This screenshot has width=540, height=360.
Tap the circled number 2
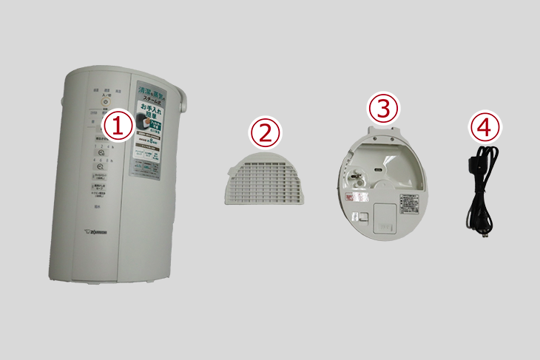pyautogui.click(x=266, y=133)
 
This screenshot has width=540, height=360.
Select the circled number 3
pyautogui.click(x=383, y=109)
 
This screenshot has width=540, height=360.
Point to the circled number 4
pyautogui.click(x=484, y=127)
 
